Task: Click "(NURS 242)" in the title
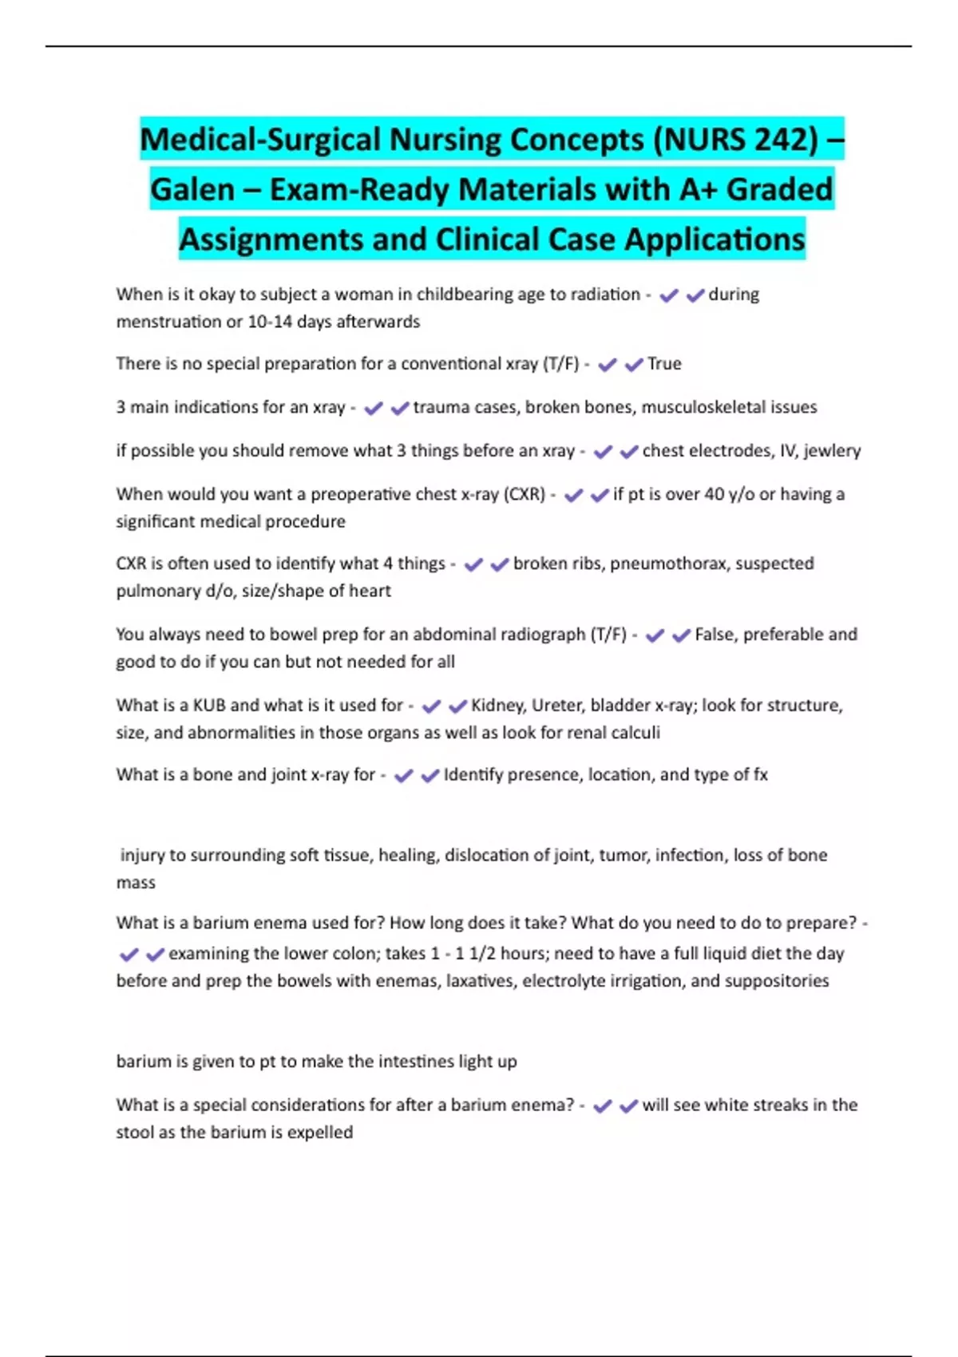(735, 140)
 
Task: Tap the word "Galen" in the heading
(192, 190)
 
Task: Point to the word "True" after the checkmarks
(664, 364)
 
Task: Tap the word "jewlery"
(832, 451)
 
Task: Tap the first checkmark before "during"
(669, 295)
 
